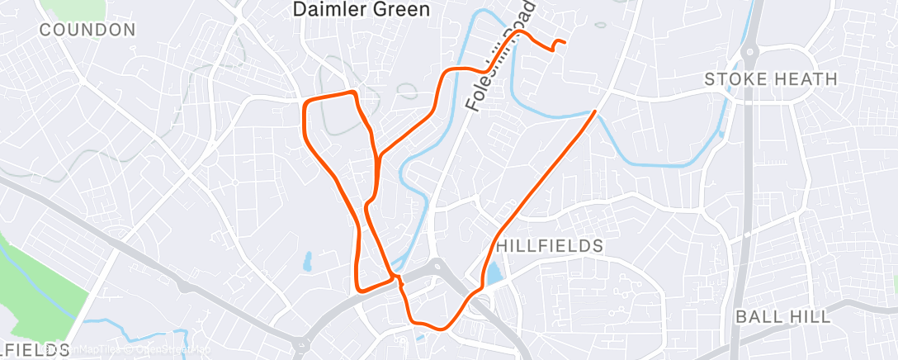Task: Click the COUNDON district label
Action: [87, 31]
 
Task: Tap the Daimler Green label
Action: [362, 10]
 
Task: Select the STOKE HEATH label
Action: [771, 79]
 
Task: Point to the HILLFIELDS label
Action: [551, 246]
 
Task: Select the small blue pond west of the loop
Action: [307, 262]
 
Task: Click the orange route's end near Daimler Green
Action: [564, 41]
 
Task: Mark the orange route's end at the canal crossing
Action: [594, 111]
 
